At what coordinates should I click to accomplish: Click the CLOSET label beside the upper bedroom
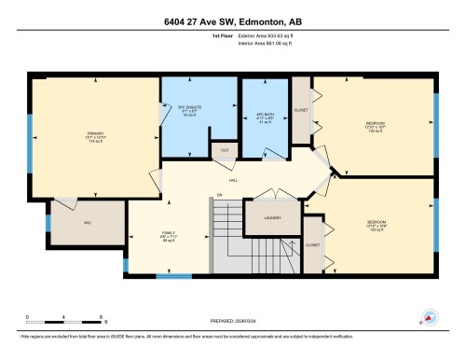click(x=301, y=109)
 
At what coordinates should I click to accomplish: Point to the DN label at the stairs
click(x=220, y=196)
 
